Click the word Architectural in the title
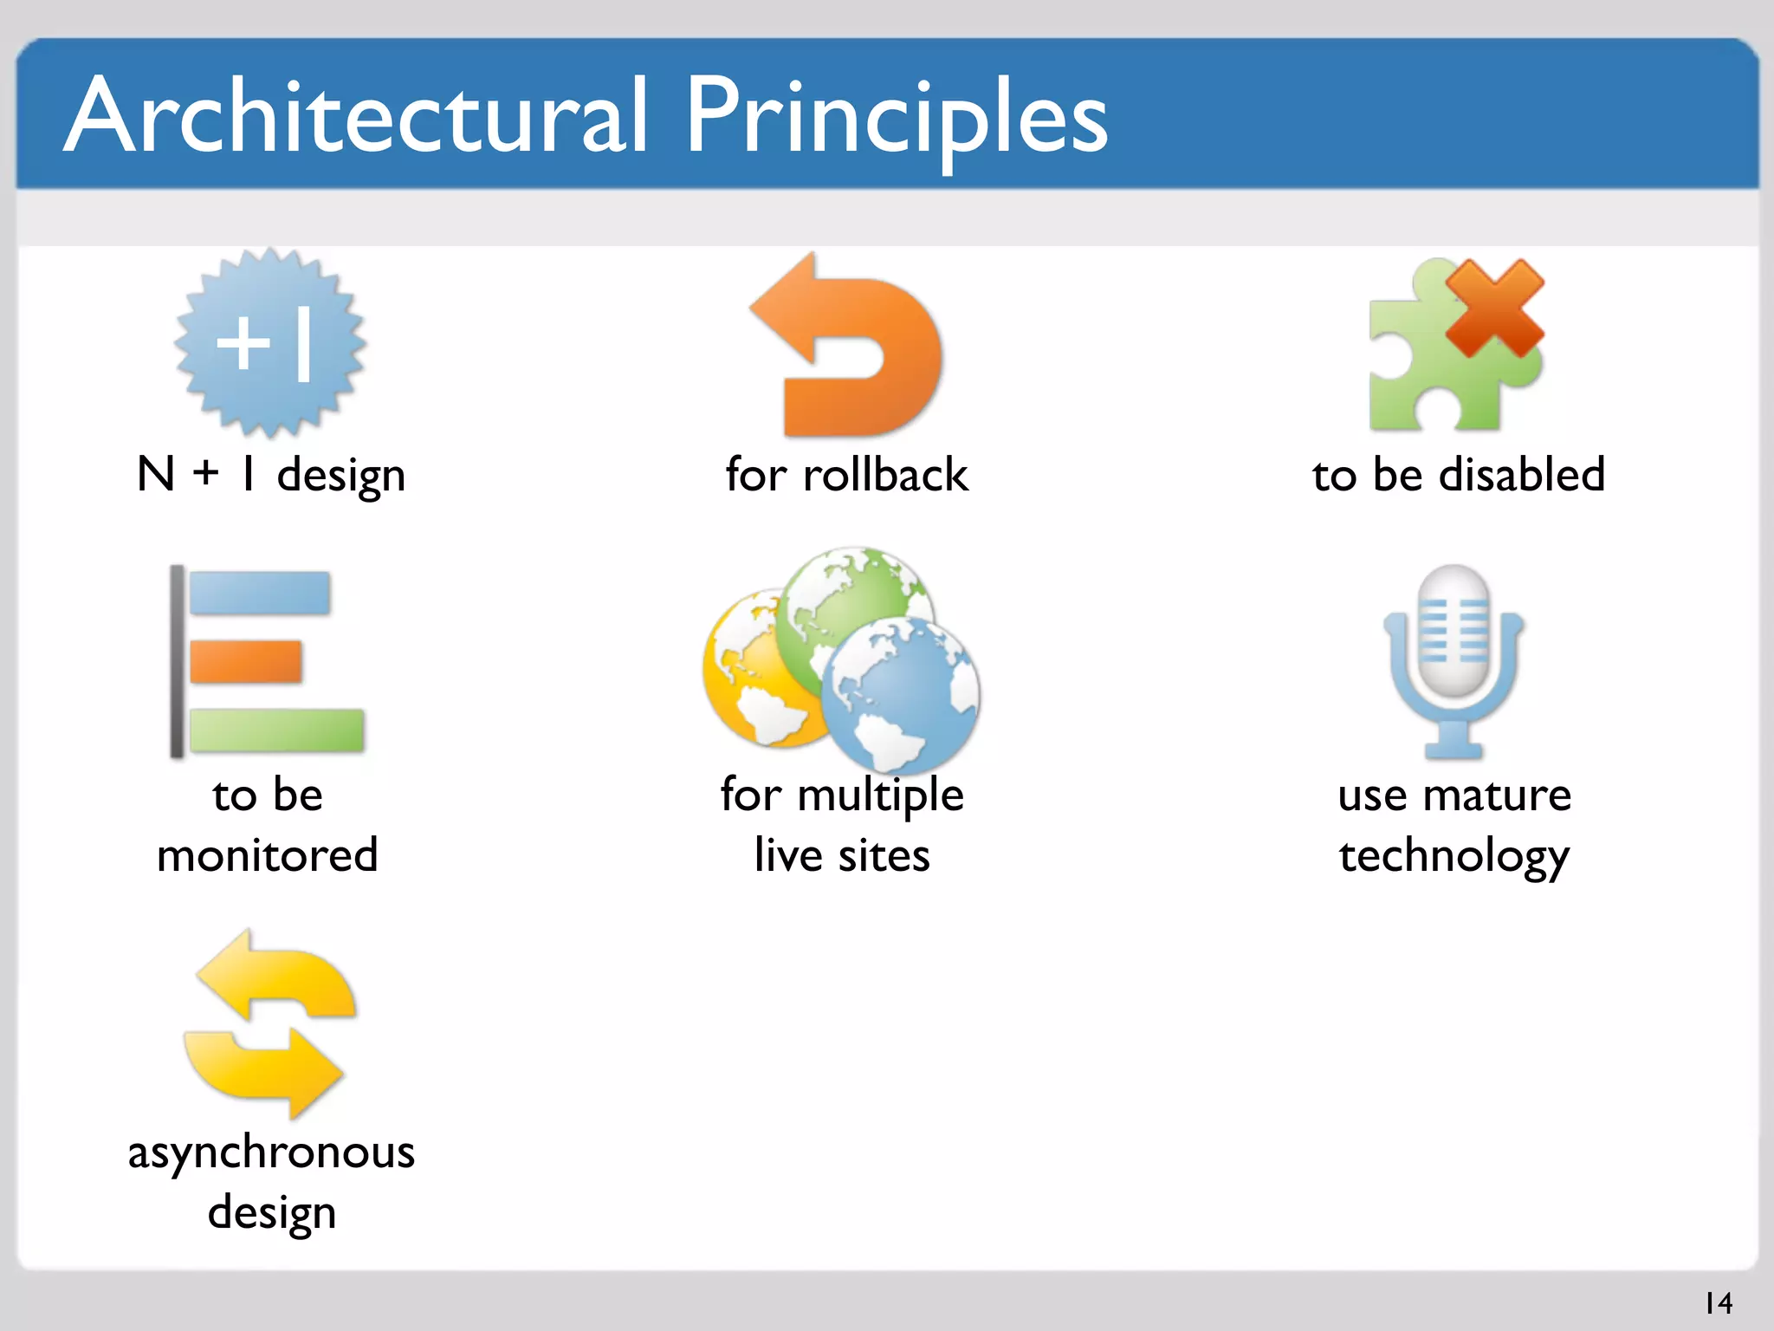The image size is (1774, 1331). pyautogui.click(x=355, y=117)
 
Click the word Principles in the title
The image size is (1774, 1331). pyautogui.click(x=897, y=117)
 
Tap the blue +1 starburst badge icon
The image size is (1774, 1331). pyautogui.click(x=269, y=343)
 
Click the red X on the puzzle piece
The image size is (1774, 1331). pyautogui.click(x=1494, y=308)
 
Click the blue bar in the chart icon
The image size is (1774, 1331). pyautogui.click(x=259, y=593)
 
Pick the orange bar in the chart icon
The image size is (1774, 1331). pyautogui.click(x=245, y=662)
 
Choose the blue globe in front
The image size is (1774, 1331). pyautogui.click(x=901, y=693)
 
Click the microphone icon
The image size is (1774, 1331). pyautogui.click(x=1454, y=659)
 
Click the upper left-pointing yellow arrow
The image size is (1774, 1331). pyautogui.click(x=277, y=975)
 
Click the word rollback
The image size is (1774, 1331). pyautogui.click(x=884, y=475)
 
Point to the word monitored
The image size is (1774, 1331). pyautogui.click(x=267, y=855)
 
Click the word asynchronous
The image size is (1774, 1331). pyautogui.click(x=271, y=1152)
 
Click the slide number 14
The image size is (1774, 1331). pyautogui.click(x=1718, y=1302)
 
